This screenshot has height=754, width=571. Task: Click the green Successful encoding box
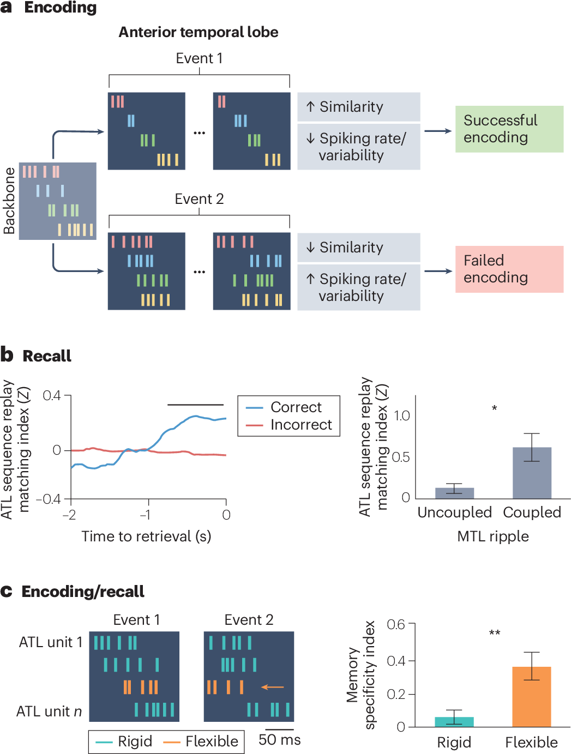(x=509, y=129)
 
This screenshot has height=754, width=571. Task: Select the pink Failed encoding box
(x=509, y=269)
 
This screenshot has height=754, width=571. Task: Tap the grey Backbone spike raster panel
(x=58, y=201)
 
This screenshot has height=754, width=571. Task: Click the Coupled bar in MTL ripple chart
(x=532, y=473)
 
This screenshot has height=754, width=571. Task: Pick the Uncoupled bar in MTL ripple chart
(x=454, y=493)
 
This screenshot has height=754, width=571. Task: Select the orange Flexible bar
(x=532, y=696)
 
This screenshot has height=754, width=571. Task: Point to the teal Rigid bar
(x=454, y=721)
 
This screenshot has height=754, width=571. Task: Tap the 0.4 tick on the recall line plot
(x=52, y=395)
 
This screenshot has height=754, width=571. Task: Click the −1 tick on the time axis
(x=145, y=515)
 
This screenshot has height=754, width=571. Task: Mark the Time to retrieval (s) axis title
(x=146, y=536)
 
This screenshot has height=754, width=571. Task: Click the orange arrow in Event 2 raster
(x=273, y=687)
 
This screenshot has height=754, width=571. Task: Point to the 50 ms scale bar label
(x=279, y=740)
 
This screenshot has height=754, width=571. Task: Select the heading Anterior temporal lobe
(x=199, y=33)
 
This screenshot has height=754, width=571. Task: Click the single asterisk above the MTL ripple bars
(x=494, y=408)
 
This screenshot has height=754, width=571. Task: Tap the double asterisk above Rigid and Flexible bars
(x=494, y=633)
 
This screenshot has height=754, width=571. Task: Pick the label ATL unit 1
(x=51, y=642)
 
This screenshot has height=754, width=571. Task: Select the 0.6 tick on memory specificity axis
(x=396, y=624)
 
